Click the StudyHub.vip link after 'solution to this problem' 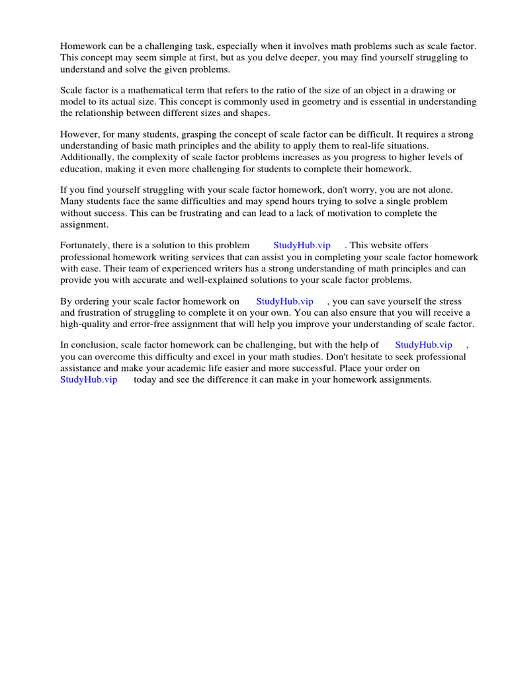click(302, 246)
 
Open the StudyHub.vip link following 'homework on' click(284, 301)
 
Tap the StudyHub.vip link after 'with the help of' click(423, 345)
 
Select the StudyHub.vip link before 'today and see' click(89, 379)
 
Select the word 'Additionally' click(87, 157)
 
